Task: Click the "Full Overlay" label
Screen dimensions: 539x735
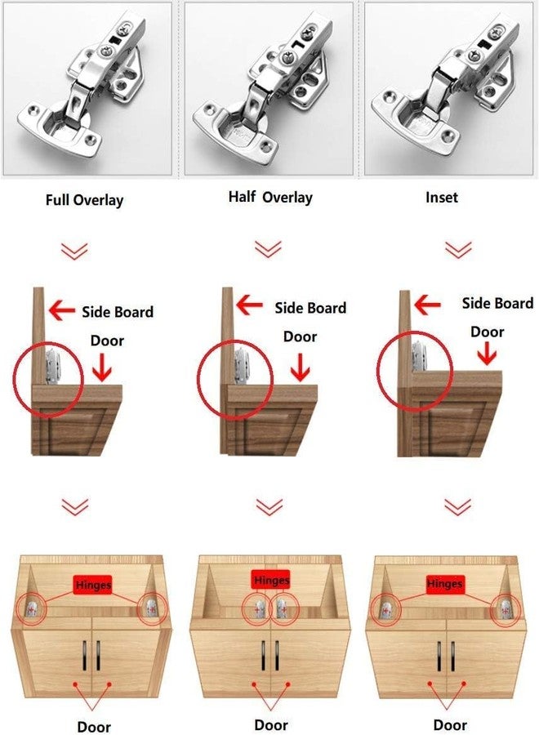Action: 84,200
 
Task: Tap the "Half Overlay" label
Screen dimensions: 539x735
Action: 270,197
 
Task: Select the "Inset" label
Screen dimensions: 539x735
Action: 442,198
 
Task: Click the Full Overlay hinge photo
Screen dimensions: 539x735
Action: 87,88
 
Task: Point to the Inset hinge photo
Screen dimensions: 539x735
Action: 448,88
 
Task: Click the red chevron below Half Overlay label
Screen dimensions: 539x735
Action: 268,249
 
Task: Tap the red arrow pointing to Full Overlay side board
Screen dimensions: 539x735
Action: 62,310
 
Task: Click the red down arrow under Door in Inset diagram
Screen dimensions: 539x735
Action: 488,354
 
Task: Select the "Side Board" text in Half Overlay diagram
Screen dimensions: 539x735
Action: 310,308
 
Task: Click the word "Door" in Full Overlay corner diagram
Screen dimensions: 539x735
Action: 107,341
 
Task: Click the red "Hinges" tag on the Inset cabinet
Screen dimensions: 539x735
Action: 445,585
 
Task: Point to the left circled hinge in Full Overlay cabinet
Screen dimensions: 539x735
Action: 32,609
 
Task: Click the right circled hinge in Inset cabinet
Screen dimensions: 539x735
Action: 506,609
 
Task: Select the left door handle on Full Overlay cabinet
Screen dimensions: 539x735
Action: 85,655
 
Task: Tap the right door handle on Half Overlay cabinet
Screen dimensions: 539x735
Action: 277,656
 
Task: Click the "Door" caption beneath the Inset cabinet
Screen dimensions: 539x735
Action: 450,725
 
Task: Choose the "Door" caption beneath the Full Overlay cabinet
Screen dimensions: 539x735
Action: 94,727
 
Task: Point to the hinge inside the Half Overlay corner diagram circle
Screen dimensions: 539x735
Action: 241,365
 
